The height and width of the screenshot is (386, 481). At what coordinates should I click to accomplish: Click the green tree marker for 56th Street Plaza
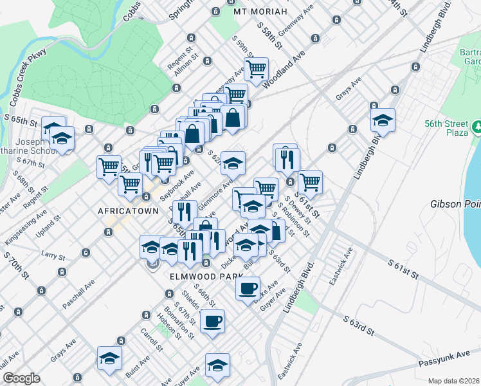(x=477, y=127)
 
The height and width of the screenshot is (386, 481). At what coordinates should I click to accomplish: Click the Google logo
(x=21, y=378)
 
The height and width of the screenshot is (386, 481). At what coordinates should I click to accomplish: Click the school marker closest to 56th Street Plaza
(x=383, y=120)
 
